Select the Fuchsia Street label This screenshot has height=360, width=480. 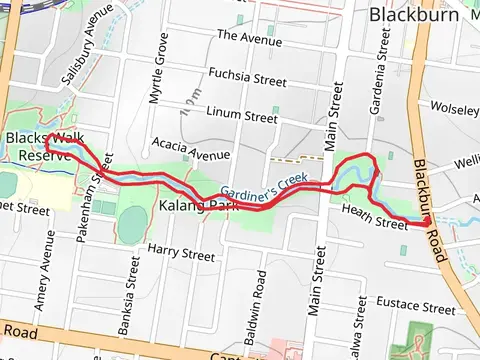(246, 74)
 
